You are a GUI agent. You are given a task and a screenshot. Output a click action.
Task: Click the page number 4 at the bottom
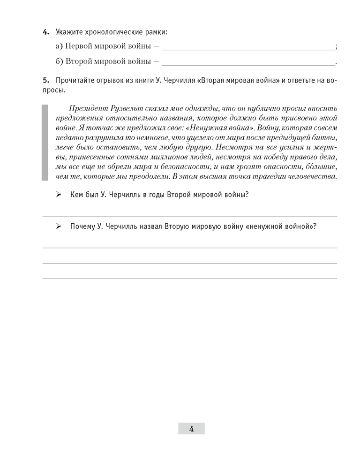click(191, 428)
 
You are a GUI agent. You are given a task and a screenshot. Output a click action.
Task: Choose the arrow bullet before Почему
click(59, 226)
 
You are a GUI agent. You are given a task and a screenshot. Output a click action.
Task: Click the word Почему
click(82, 226)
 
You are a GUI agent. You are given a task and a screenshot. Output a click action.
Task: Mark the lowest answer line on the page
click(189, 279)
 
